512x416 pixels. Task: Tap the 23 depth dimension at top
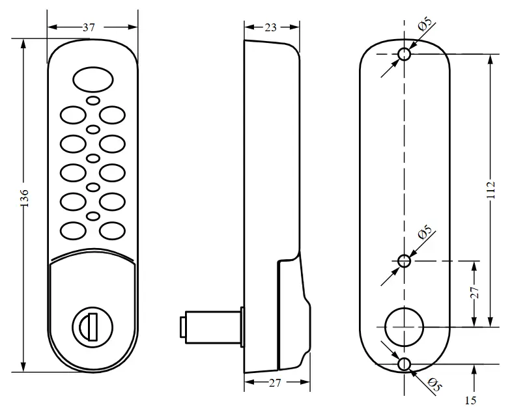click(x=270, y=27)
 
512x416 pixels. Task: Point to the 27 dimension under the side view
click(x=274, y=383)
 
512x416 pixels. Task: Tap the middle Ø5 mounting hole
click(x=404, y=261)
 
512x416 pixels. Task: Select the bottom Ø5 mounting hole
click(x=404, y=363)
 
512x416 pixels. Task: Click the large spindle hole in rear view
click(x=404, y=326)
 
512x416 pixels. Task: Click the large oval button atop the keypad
click(x=92, y=80)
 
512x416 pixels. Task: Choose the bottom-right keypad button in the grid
click(x=112, y=230)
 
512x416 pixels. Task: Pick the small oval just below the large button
click(x=92, y=101)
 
